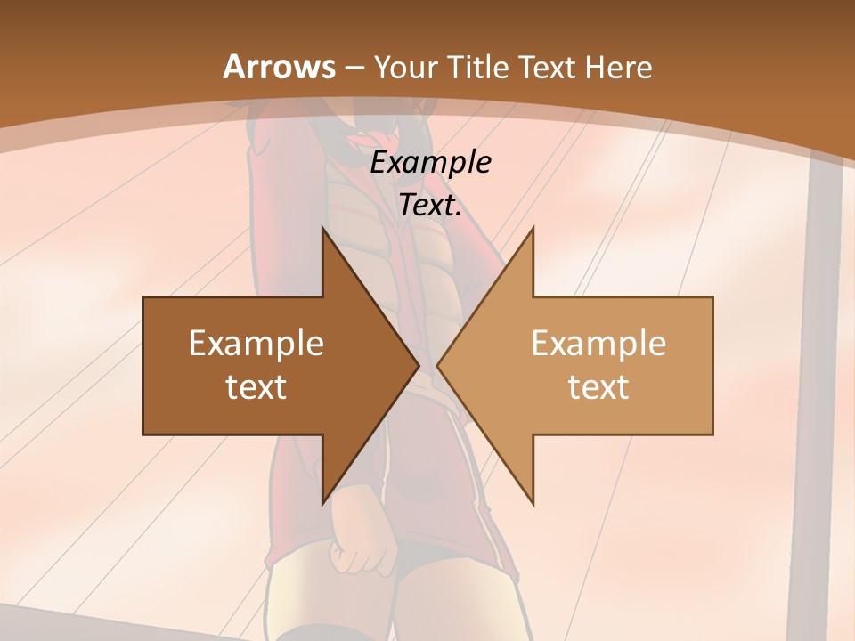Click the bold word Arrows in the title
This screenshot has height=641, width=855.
[x=279, y=67]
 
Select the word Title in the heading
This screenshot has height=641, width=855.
[x=476, y=67]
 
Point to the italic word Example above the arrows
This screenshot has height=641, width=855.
[x=430, y=163]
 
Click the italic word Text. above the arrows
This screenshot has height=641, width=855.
[x=430, y=206]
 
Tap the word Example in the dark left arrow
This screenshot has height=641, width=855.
[x=256, y=344]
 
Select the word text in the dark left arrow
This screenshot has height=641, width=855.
[x=256, y=386]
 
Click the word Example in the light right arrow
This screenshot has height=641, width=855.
[x=598, y=344]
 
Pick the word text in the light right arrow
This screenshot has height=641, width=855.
[x=598, y=386]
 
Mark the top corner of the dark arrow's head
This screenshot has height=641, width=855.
[x=323, y=230]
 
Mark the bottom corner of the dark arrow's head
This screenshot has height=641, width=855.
[x=323, y=502]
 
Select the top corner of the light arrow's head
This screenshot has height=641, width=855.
[x=533, y=230]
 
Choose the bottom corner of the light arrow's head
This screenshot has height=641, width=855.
[x=533, y=502]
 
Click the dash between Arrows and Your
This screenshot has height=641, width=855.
[x=354, y=69]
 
